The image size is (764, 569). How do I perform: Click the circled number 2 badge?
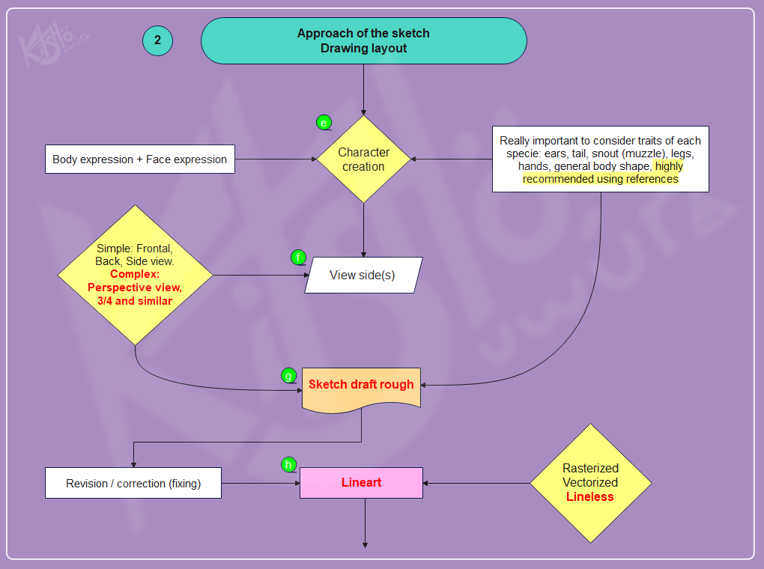pyautogui.click(x=157, y=40)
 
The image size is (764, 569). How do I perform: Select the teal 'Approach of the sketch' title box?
pyautogui.click(x=363, y=40)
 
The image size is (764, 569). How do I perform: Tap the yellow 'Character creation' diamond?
pyautogui.click(x=363, y=159)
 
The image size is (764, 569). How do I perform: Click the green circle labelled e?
pyautogui.click(x=324, y=122)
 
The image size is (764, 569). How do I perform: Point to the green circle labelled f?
pyautogui.click(x=298, y=258)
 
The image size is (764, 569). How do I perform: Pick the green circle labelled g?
pyautogui.click(x=288, y=376)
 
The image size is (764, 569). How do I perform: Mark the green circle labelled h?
pyautogui.click(x=288, y=465)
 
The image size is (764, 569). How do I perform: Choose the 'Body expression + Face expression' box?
pyautogui.click(x=139, y=159)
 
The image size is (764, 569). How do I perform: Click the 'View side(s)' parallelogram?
pyautogui.click(x=363, y=275)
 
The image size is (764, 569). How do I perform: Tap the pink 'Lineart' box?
pyautogui.click(x=361, y=483)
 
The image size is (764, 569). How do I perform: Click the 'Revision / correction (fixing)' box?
pyautogui.click(x=133, y=484)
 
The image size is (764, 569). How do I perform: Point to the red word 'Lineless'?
pyautogui.click(x=589, y=496)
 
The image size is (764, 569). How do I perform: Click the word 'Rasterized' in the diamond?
pyautogui.click(x=590, y=469)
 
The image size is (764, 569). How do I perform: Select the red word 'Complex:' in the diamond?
pyautogui.click(x=135, y=274)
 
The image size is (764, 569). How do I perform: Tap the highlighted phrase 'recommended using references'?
pyautogui.click(x=600, y=179)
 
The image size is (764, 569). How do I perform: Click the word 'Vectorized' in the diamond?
pyautogui.click(x=590, y=483)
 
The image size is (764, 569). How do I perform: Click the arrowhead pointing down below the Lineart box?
pyautogui.click(x=365, y=544)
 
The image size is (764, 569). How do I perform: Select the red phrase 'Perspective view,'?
pyautogui.click(x=135, y=287)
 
